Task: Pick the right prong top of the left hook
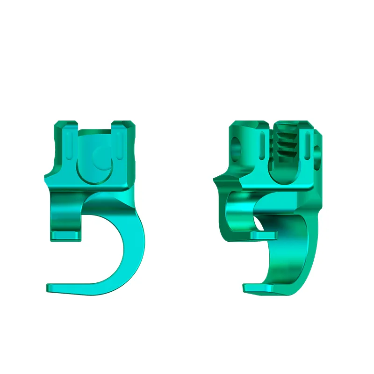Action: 123,125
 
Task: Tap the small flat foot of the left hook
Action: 65,236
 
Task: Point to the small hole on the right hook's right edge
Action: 318,152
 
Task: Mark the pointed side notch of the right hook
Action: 215,179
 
